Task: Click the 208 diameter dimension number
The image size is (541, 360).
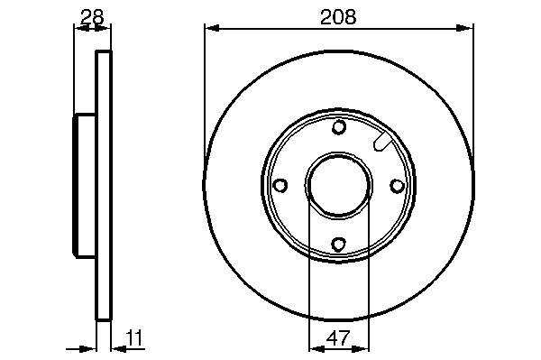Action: click(338, 16)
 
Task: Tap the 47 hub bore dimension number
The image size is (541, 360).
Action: click(338, 338)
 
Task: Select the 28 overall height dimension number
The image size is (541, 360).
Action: click(92, 16)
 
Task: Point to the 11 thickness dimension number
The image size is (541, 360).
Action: click(134, 337)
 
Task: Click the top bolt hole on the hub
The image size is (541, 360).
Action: click(339, 127)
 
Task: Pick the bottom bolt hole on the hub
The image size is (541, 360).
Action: click(338, 244)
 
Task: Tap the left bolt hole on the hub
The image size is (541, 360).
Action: click(280, 185)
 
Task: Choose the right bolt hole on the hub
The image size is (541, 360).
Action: click(397, 186)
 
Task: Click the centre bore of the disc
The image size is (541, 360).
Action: click(338, 185)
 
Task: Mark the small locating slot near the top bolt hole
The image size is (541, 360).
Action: click(382, 142)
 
